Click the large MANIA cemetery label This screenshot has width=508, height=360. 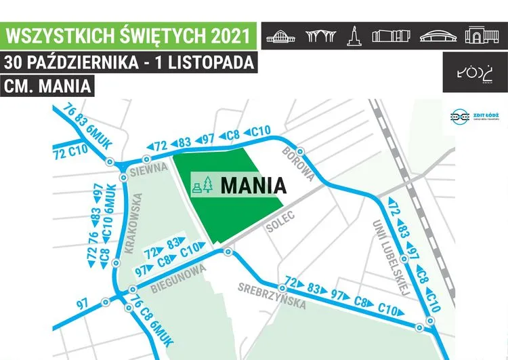(251, 184)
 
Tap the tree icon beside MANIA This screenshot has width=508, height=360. (209, 185)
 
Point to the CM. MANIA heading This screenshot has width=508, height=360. (46, 87)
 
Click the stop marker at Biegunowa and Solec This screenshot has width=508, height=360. (228, 252)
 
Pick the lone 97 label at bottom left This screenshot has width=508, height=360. (82, 304)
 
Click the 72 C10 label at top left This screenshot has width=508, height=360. (70, 151)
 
